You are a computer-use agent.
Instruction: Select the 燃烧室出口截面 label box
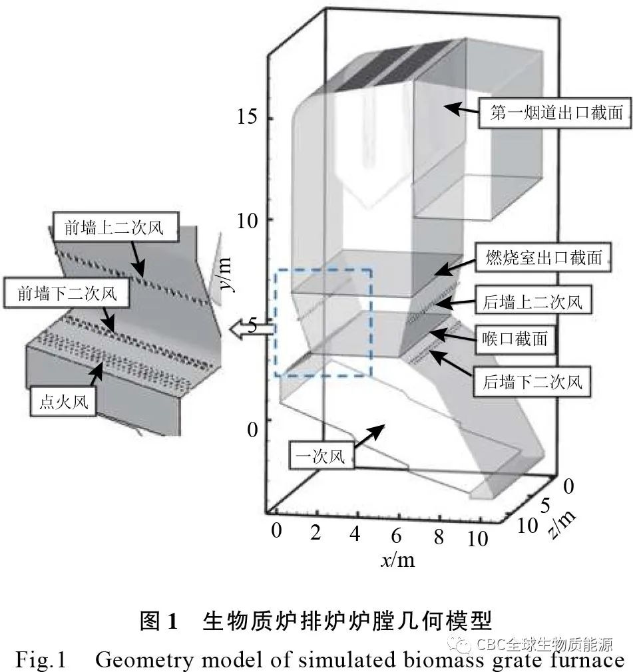pos(542,258)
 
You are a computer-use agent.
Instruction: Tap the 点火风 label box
pos(63,402)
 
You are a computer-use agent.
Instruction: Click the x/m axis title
pos(397,560)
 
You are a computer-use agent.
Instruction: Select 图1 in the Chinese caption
pos(158,622)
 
